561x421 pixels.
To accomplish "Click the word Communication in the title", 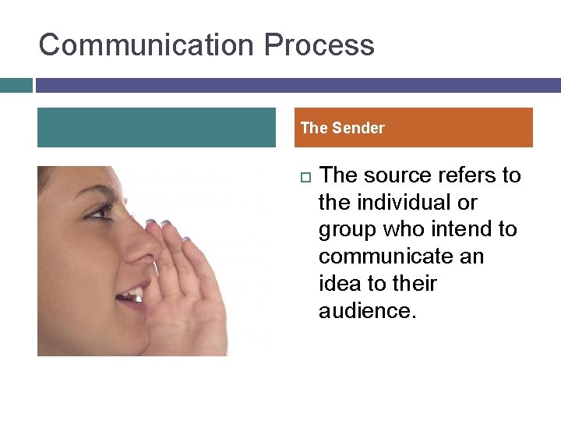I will (x=147, y=44).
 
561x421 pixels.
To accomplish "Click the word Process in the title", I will (x=319, y=44).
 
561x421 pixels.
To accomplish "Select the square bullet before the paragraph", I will (x=304, y=176).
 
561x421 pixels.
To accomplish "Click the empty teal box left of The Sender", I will (x=156, y=128).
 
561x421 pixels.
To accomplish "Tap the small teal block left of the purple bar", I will (x=16, y=85).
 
